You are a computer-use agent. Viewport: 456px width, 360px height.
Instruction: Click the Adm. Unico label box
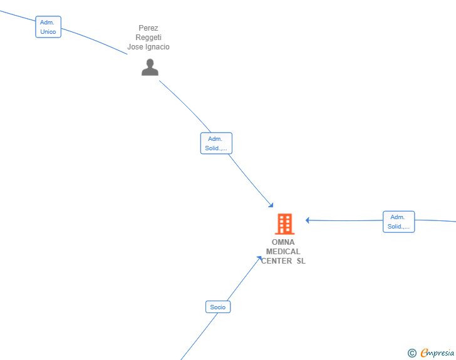(48, 27)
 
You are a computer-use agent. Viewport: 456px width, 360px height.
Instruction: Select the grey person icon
(150, 67)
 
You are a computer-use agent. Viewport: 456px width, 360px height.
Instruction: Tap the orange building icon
(285, 224)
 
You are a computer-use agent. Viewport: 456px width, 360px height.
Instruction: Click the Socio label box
(218, 307)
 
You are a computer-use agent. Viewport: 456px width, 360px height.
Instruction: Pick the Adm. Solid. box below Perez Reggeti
(216, 143)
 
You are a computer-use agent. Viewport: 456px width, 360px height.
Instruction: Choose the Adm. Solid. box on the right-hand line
(399, 222)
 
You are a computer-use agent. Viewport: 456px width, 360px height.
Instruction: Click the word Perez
(148, 28)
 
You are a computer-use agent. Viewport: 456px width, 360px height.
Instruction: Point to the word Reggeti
(148, 37)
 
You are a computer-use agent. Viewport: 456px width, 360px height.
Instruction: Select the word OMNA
(283, 242)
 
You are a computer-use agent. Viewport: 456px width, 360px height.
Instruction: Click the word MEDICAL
(283, 251)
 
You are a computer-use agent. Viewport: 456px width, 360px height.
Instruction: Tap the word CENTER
(277, 261)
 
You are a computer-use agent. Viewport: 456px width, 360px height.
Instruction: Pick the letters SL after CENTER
(301, 261)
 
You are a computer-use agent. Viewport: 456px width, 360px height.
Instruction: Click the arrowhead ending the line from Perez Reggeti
(271, 205)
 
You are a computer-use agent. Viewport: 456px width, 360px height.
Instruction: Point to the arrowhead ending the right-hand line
(308, 220)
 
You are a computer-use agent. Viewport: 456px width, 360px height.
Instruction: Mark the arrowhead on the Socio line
(259, 258)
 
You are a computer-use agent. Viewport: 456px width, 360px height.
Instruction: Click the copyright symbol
(412, 353)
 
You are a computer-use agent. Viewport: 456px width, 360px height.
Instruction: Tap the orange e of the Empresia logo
(424, 352)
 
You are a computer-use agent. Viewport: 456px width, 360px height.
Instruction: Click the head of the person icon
(150, 63)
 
